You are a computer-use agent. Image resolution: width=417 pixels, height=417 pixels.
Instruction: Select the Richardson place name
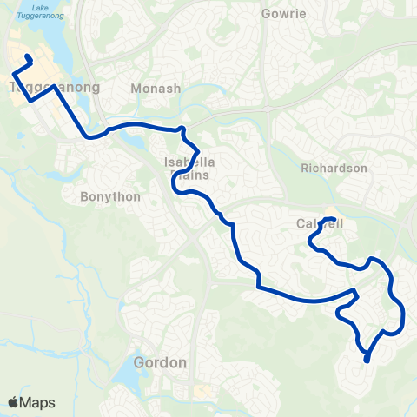tap(334, 168)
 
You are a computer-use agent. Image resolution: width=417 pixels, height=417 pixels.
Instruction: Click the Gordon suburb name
tap(161, 362)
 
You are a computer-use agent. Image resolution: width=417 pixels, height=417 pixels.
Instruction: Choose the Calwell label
tap(319, 224)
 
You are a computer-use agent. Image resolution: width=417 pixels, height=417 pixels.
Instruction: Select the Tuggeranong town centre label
tap(54, 88)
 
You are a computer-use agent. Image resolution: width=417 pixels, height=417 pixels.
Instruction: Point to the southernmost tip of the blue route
tap(367, 360)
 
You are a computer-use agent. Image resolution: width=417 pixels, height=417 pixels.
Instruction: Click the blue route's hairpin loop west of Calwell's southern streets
tap(354, 295)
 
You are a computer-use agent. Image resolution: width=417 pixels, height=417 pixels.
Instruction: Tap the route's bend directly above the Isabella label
tap(182, 130)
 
